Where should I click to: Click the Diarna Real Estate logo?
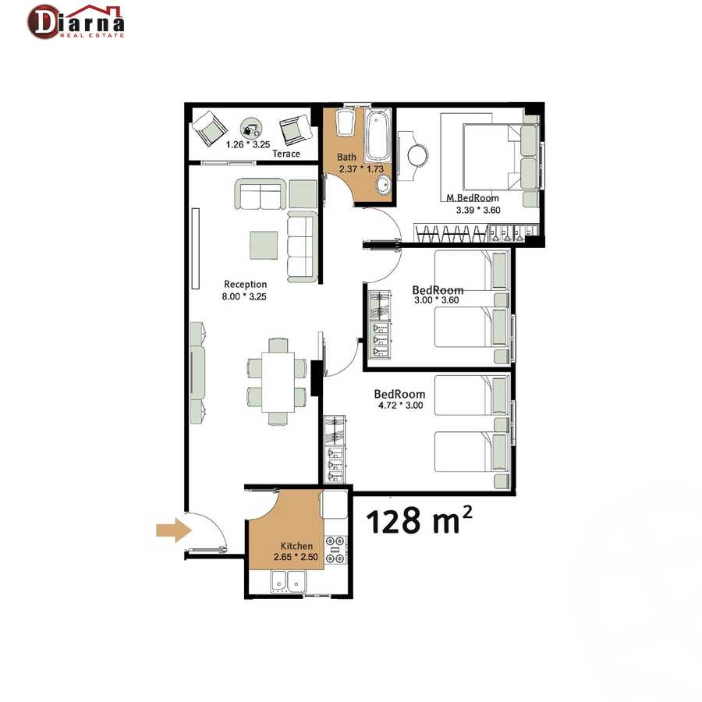[x=76, y=22]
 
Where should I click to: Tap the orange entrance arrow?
[x=174, y=530]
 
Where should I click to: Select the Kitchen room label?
[x=296, y=546]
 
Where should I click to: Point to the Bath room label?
[x=346, y=157]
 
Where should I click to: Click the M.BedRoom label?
[x=473, y=198]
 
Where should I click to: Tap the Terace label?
[x=286, y=154]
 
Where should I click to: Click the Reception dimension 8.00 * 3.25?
[x=244, y=296]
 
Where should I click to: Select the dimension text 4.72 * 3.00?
[x=401, y=405]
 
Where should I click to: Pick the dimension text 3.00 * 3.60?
[x=437, y=300]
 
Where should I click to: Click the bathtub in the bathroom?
[x=378, y=134]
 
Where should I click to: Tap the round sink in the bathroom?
[x=383, y=185]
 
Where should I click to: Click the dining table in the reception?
[x=278, y=382]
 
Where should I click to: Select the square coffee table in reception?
[x=264, y=245]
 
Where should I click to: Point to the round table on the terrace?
[x=250, y=129]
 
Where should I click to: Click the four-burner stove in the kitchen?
[x=335, y=550]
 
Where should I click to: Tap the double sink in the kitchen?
[x=289, y=582]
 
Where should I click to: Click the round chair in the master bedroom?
[x=418, y=156]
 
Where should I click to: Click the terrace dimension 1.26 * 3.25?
[x=248, y=144]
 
